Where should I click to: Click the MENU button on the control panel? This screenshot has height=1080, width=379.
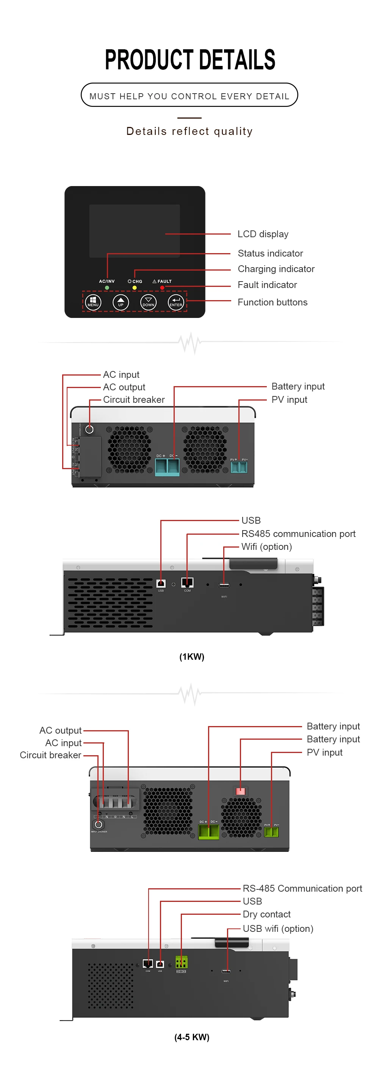93,302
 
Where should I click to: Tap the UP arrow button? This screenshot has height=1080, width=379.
121,302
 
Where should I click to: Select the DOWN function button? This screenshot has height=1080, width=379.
149,302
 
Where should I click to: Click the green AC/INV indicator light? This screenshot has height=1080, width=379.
107,288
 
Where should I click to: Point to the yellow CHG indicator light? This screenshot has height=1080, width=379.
135,288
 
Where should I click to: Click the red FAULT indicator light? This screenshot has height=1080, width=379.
162,288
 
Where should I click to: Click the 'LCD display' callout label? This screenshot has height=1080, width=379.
263,234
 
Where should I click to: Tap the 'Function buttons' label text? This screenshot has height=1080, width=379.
273,302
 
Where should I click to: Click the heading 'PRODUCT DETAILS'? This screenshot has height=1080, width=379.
189,59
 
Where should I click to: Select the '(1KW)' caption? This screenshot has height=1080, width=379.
192,657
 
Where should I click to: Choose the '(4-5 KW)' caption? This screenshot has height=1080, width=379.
192,1037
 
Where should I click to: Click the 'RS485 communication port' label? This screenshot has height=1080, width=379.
298,534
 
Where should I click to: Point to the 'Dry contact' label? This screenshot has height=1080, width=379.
267,914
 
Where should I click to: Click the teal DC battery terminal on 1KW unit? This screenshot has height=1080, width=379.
167,466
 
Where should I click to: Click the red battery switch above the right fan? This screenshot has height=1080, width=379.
240,791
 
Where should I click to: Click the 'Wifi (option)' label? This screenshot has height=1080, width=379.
267,547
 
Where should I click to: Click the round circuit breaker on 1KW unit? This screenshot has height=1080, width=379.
89,429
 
